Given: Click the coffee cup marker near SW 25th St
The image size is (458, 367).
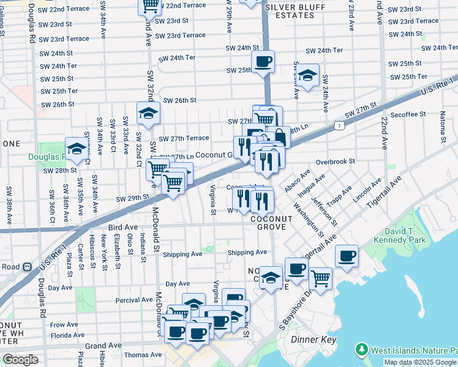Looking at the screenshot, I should [263, 61].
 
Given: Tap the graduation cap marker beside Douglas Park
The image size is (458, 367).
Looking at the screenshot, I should [77, 149].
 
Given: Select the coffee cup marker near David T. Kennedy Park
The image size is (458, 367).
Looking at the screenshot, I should [347, 256].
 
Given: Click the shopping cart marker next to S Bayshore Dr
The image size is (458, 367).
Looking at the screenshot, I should [321, 278].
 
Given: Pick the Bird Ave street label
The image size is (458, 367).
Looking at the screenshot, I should [123, 227].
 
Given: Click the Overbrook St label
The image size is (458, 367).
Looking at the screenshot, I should [336, 161].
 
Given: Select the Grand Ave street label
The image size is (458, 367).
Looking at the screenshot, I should [103, 346].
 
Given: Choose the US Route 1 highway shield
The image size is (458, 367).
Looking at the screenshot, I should [339, 125].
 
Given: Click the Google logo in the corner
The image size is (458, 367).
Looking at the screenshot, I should [20, 360].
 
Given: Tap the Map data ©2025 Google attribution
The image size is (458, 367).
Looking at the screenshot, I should [421, 362].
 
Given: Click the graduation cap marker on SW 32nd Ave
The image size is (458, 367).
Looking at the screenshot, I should [148, 113].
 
